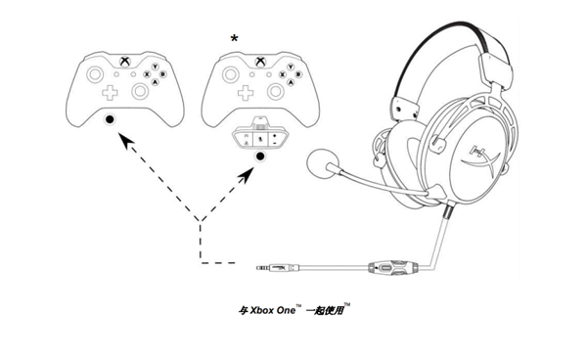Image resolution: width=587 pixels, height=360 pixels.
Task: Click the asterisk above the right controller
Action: pos(233,37)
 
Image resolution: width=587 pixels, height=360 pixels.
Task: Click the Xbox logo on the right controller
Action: pos(260,62)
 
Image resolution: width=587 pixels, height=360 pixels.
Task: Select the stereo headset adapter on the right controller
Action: pos(259,135)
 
